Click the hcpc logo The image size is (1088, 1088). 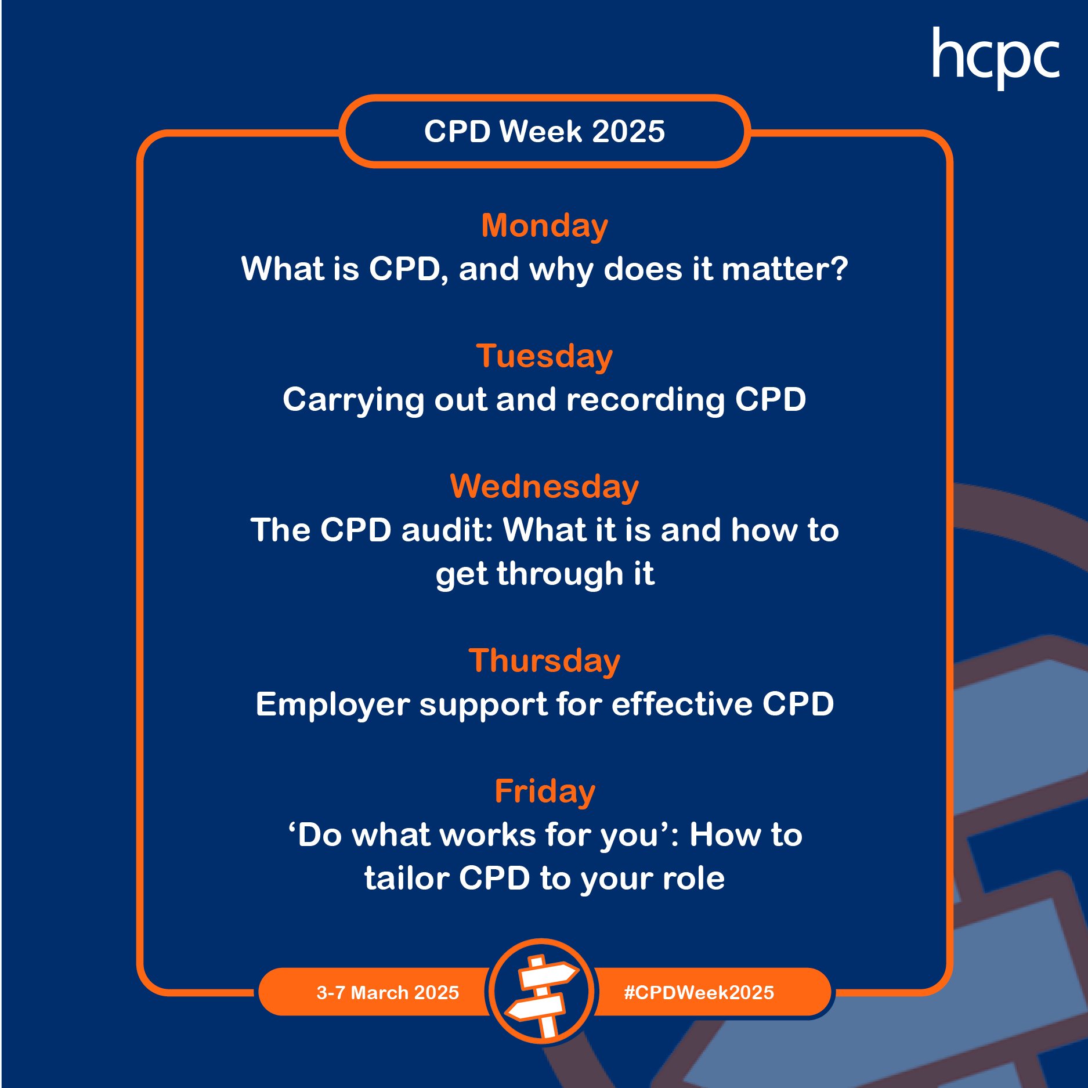(x=996, y=58)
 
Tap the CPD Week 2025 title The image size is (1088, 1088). (x=544, y=131)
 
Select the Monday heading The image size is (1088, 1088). (x=545, y=226)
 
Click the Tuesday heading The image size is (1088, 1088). (x=544, y=356)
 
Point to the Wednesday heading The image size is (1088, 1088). (x=544, y=486)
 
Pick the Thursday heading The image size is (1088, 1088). (x=544, y=661)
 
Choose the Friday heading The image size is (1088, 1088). (x=545, y=791)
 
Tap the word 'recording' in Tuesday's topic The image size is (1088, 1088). (x=645, y=400)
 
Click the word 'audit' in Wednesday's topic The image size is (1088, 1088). (x=447, y=530)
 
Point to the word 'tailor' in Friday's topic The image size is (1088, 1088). (x=406, y=878)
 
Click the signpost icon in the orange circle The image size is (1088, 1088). (x=541, y=992)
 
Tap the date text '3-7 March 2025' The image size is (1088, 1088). (x=388, y=992)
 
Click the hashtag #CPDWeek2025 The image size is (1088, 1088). (x=699, y=992)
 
